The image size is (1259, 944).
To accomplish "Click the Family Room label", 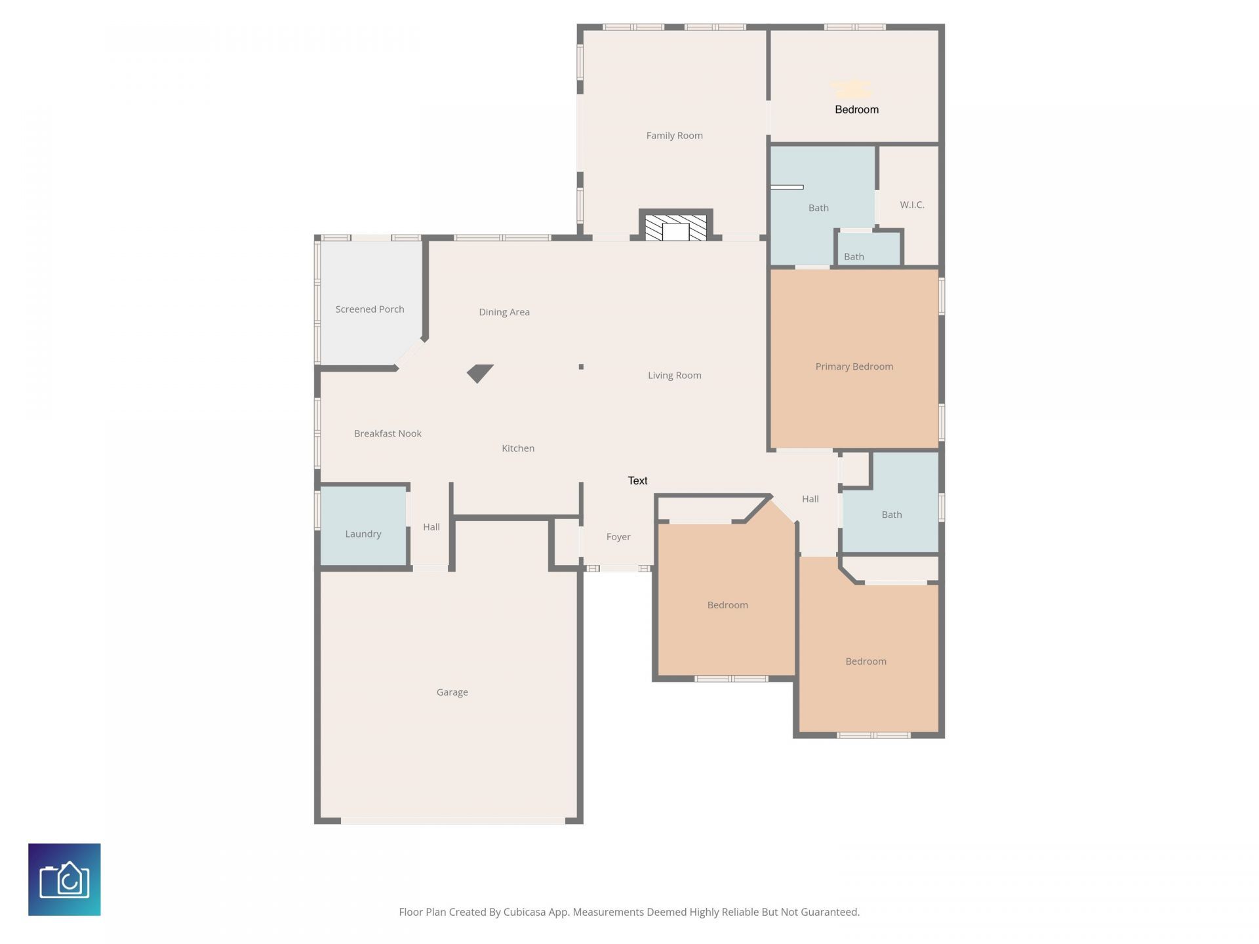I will (x=674, y=136).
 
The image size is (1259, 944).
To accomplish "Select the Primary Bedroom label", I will (x=854, y=366).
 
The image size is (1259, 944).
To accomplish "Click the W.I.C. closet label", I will (x=911, y=205).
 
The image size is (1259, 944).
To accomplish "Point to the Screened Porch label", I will (x=369, y=309).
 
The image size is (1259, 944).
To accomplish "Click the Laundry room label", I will (x=363, y=534).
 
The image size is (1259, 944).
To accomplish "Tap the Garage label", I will (x=452, y=692).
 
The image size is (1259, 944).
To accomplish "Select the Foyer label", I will (x=618, y=537).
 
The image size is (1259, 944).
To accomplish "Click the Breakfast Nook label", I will (x=388, y=433).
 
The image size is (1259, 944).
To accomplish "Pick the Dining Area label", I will (x=504, y=312).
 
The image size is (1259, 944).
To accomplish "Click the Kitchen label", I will (x=517, y=448).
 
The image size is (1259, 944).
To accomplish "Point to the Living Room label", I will (x=674, y=376).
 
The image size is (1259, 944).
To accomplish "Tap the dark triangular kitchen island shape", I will (x=479, y=373).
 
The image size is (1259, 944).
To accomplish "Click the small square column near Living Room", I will (x=581, y=366).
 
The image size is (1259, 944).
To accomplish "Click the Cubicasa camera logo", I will (x=64, y=879).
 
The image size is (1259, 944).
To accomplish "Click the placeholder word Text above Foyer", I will (x=637, y=481).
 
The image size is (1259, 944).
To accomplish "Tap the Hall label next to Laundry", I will (x=431, y=527).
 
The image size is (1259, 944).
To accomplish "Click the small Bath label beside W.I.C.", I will (x=853, y=256).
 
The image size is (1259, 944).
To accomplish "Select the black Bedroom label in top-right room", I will (x=856, y=109).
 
